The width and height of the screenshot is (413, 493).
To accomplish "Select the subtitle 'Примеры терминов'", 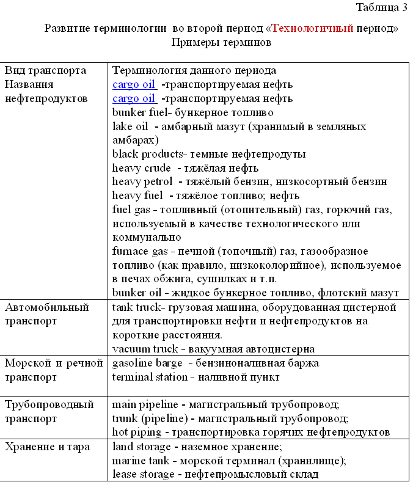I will (x=222, y=43).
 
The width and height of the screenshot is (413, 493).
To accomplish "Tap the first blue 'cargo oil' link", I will (x=134, y=84).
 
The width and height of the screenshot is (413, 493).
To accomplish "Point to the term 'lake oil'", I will (x=130, y=126).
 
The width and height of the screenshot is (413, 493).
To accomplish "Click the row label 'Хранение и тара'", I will (x=47, y=447).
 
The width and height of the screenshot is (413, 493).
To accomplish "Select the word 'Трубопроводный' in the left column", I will (x=49, y=404).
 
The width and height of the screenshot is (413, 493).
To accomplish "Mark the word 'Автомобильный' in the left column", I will (x=47, y=307).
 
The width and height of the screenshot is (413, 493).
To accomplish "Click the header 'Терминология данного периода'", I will (x=194, y=70).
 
